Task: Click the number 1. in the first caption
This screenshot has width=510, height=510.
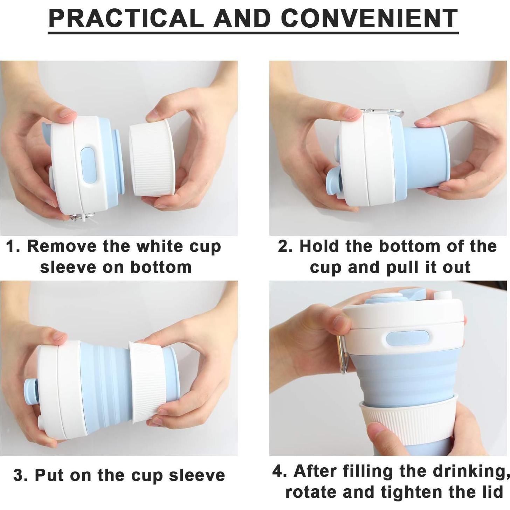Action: (13, 246)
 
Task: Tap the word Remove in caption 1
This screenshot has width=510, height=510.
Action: (62, 246)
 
